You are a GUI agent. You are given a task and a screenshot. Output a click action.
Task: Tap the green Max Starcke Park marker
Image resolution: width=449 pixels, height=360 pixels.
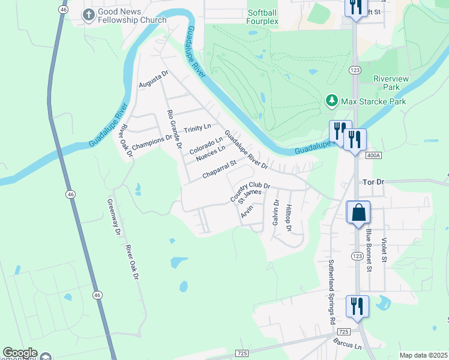click(x=331, y=101)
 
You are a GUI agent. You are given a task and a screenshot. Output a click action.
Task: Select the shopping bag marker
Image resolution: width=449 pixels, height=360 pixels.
click(x=358, y=212)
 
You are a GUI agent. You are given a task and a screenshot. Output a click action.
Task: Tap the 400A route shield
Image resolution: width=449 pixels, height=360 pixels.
click(x=373, y=155)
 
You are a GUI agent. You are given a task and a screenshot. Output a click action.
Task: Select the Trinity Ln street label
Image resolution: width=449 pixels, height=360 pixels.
click(x=197, y=128)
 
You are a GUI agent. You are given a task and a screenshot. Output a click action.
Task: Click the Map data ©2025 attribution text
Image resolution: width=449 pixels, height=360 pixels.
click(x=423, y=355)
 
